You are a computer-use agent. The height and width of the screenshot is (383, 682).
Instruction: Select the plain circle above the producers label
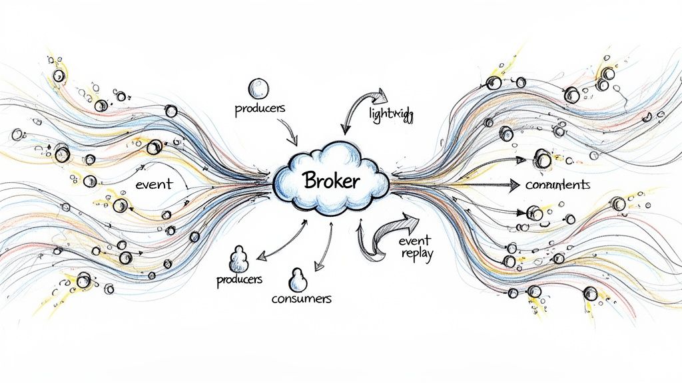pos(258,88)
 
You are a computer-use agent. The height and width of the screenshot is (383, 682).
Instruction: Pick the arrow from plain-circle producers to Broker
pos(290,130)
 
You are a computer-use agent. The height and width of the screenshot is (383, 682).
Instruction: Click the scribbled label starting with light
pos(390,114)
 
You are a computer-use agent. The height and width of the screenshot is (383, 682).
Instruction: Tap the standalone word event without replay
pos(153,185)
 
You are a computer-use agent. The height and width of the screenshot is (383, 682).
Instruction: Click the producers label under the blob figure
pos(239,280)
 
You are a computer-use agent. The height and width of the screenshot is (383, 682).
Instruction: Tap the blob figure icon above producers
pos(238,259)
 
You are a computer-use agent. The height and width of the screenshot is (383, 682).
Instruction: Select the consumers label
pos(301,299)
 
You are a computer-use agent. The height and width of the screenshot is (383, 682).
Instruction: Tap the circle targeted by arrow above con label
pos(543,160)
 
